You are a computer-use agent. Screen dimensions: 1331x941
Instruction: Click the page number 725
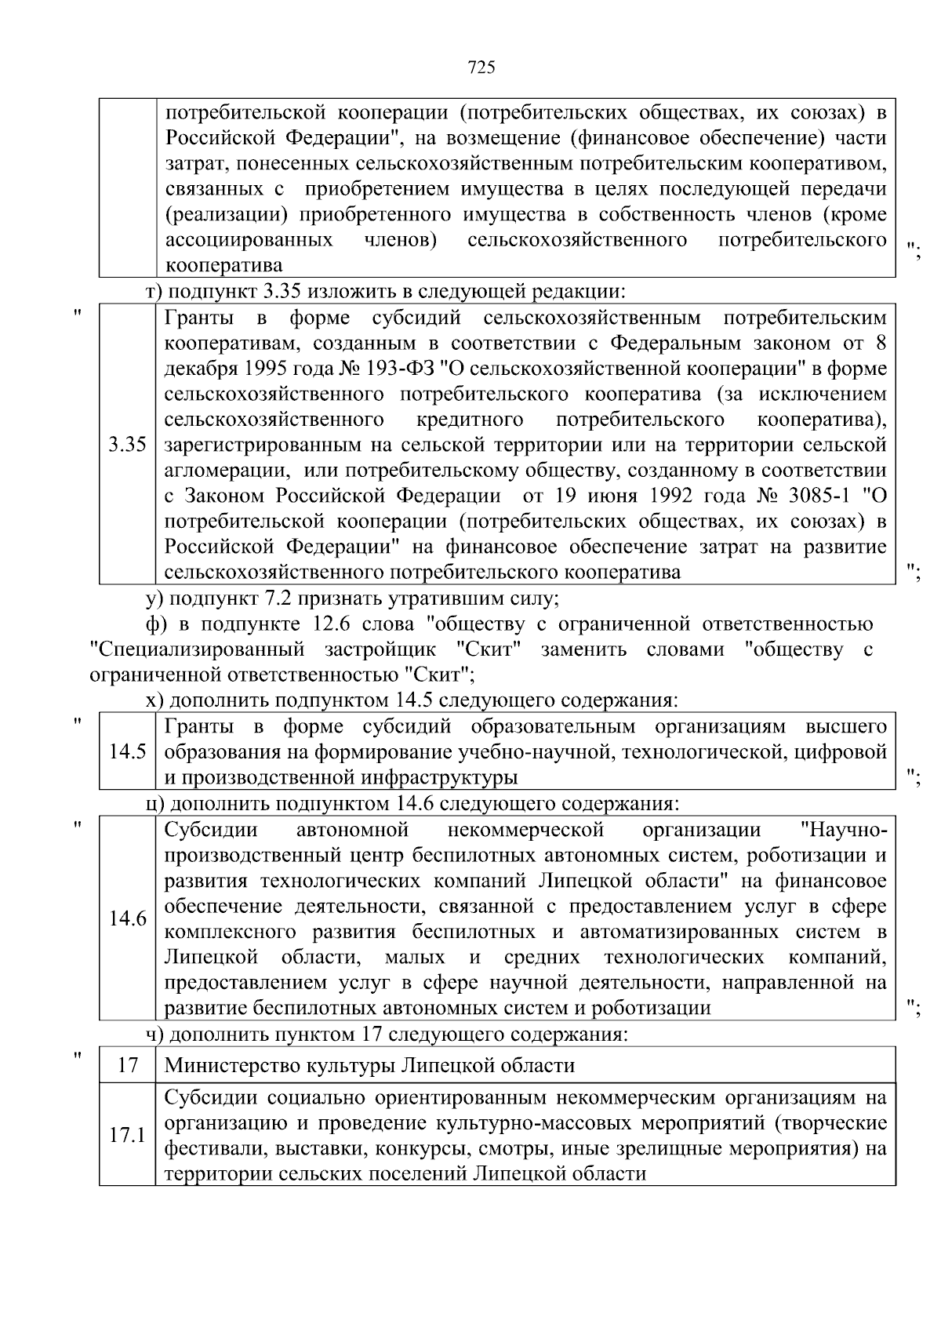click(x=481, y=68)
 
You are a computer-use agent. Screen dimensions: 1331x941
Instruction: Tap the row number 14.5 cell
click(x=127, y=751)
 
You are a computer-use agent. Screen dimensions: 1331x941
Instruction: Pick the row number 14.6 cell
click(x=127, y=918)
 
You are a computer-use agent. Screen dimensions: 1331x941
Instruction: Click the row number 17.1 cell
click(x=127, y=1135)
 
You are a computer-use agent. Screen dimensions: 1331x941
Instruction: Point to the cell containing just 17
click(x=127, y=1065)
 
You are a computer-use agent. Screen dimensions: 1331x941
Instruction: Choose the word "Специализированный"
click(x=198, y=649)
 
